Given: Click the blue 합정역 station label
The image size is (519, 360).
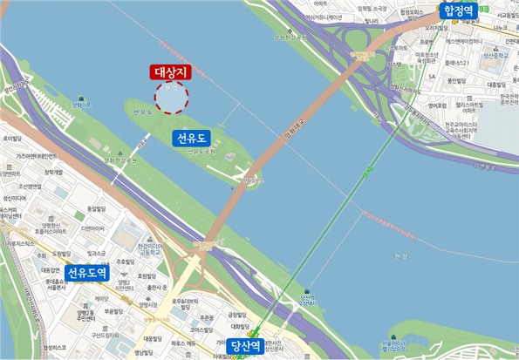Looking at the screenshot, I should click(460, 10).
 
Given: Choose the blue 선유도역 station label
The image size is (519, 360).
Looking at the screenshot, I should click(87, 272).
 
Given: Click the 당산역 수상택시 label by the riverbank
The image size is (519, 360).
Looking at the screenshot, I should click(305, 302).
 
